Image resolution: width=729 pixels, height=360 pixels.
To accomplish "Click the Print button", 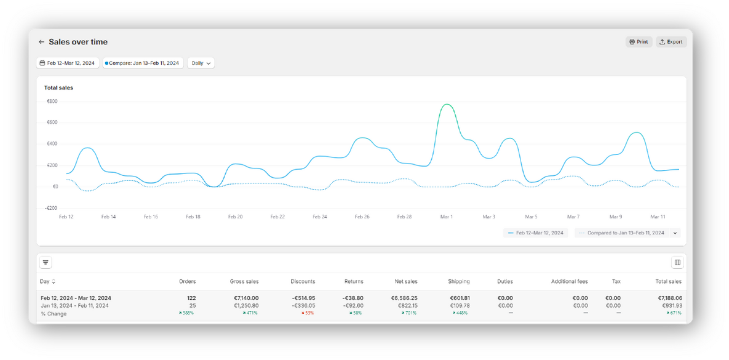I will [639, 42].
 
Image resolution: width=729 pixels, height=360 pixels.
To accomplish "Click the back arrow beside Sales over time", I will [41, 42].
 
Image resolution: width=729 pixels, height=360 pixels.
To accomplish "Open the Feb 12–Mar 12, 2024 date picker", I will [67, 63].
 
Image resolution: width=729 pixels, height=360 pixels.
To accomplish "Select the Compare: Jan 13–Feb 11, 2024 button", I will [143, 63].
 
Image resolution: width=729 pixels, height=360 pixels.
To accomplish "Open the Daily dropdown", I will [201, 63].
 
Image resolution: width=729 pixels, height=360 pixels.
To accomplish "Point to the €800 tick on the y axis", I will [52, 101].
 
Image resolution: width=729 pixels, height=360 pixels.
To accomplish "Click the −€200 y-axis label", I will [51, 208].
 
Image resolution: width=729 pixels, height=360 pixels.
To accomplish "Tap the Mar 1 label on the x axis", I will [447, 217].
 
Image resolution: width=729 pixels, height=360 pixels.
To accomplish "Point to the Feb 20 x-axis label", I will [235, 217].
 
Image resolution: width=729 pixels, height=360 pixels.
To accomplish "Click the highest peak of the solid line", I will [447, 105].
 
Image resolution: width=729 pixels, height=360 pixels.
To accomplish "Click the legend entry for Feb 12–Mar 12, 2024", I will [536, 233].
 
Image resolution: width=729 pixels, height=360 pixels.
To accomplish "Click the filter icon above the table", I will [46, 263].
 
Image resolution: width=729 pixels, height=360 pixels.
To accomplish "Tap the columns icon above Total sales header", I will [677, 263].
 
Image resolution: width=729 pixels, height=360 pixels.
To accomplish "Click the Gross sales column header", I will [244, 281].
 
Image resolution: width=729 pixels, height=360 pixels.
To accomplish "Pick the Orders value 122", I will [191, 298].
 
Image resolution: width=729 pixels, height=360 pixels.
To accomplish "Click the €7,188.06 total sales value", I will [668, 298].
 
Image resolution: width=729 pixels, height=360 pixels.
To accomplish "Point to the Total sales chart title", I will [58, 88].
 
